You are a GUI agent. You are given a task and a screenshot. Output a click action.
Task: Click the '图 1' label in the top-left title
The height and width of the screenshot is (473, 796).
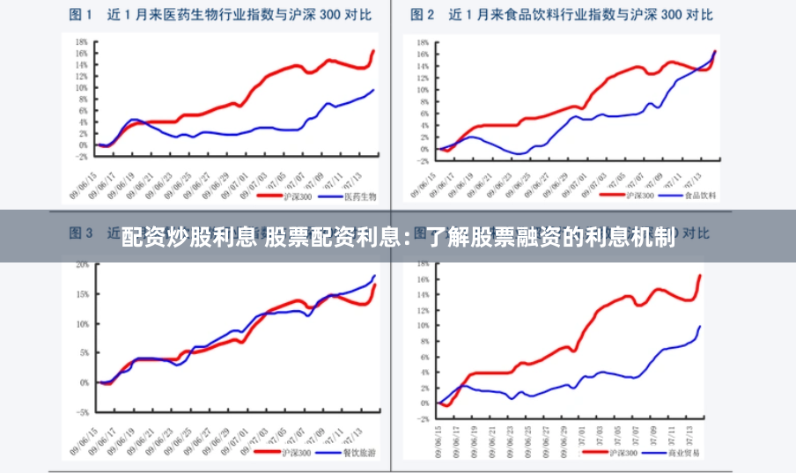[82, 14]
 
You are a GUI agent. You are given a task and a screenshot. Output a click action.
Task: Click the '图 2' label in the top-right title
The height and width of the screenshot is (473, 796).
[424, 14]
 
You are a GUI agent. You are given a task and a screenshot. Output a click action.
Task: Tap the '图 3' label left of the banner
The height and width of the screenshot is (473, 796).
[82, 233]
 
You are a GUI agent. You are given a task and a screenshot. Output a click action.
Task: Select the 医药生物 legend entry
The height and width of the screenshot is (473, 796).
[359, 196]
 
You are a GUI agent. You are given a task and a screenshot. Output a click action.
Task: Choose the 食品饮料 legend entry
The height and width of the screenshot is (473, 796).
[701, 195]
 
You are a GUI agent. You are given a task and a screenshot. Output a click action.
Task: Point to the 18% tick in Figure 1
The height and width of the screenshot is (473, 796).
[81, 41]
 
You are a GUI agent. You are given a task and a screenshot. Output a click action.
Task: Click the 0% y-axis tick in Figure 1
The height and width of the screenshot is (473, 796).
[83, 145]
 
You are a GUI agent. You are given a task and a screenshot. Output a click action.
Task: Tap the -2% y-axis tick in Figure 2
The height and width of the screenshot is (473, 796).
[423, 160]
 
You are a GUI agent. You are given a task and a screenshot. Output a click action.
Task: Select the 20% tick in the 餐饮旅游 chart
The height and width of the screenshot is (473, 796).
[82, 264]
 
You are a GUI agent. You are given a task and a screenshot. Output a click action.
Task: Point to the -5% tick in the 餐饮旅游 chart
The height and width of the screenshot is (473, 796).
[82, 412]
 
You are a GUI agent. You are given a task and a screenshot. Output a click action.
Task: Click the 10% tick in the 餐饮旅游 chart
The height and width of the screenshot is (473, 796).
[82, 323]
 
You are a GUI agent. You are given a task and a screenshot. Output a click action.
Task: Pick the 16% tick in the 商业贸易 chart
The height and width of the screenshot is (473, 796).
[423, 279]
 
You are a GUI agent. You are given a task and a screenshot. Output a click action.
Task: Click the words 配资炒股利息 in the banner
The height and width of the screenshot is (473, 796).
[188, 237]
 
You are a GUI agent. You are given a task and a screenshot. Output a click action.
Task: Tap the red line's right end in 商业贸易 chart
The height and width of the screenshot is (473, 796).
[700, 276]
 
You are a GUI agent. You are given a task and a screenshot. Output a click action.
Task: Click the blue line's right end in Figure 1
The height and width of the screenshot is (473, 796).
[373, 90]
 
